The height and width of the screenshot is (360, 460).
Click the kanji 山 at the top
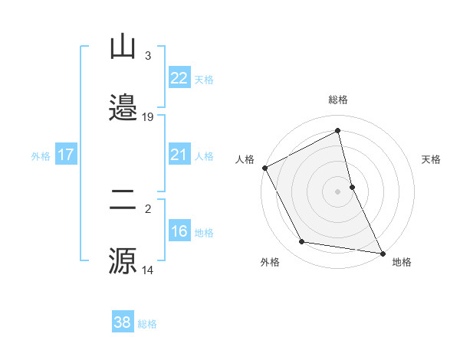pos(123,47)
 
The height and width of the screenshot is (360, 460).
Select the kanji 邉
pos(123,106)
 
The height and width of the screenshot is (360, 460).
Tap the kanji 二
pos(123,201)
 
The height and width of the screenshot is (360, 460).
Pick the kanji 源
pos(123,260)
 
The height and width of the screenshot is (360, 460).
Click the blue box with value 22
pos(179,78)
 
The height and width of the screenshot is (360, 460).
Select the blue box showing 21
pos(179,155)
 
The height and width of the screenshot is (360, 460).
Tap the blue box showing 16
pos(179,232)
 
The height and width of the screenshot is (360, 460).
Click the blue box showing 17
pos(66,155)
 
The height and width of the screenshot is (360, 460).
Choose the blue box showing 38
pos(123,322)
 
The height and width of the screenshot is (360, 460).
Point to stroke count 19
pos(148,117)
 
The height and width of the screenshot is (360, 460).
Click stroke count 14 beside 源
pos(148,270)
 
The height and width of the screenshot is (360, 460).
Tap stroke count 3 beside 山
pos(147,56)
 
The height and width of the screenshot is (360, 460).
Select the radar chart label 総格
pos(338,100)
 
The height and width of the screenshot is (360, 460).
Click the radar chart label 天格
pos(431,159)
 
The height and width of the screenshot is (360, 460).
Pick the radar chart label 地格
pos(402,262)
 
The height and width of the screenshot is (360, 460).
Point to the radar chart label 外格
pos(270,262)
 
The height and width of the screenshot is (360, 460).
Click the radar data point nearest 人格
pos(264,168)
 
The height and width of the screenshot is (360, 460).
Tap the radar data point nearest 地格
pos(381,252)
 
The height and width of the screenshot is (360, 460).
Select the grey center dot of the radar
pos(338,191)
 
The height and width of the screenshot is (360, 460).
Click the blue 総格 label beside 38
pos(147,323)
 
